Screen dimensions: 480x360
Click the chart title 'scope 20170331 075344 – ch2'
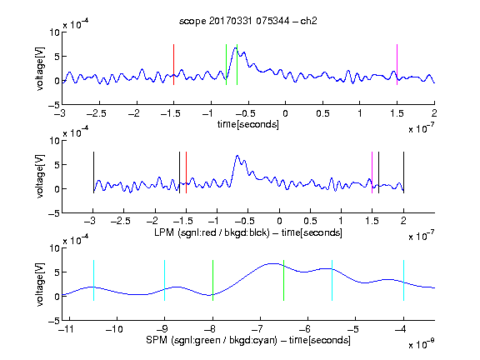247,21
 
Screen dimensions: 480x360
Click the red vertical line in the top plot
173,64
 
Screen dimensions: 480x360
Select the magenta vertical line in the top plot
397,64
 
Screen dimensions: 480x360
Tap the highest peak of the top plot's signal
235,47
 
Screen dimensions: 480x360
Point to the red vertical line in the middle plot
186,172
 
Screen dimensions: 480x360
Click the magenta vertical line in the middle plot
372,172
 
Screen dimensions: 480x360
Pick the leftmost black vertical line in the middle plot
93,172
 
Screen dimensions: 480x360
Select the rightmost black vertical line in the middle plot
403,172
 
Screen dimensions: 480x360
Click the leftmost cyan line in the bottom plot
93,280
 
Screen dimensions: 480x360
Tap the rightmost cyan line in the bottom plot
403,280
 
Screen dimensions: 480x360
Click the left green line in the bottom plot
212,280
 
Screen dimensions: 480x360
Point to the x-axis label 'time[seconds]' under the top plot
248,124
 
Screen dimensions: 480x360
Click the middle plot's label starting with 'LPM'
248,232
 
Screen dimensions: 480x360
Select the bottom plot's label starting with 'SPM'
248,340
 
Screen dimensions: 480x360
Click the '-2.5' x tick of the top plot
97,113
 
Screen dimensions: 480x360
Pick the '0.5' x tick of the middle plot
310,221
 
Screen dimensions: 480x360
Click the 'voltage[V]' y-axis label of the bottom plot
40,284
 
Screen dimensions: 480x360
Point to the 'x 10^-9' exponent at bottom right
421,344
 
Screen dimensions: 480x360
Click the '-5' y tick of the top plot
54,105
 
